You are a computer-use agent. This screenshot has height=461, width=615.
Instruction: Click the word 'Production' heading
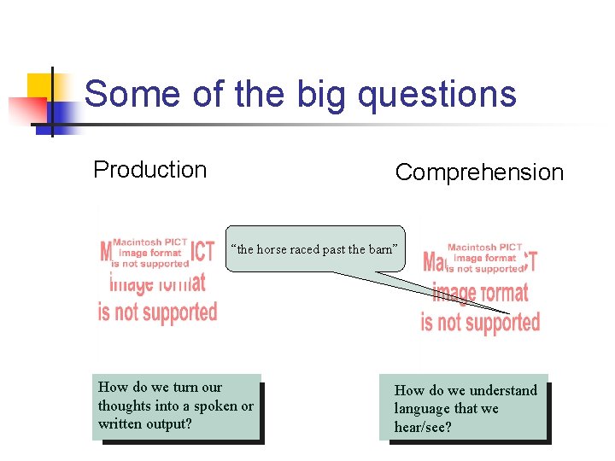pyautogui.click(x=149, y=170)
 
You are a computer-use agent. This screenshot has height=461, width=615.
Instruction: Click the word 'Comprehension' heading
pyautogui.click(x=479, y=172)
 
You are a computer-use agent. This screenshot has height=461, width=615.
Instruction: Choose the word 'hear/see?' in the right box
pyautogui.click(x=423, y=427)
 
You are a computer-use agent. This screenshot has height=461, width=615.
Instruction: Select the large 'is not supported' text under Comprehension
pyautogui.click(x=480, y=322)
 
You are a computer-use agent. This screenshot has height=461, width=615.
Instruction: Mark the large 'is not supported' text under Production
pyautogui.click(x=158, y=312)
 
